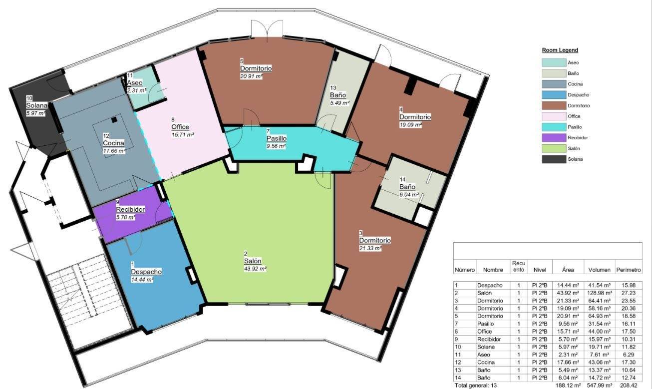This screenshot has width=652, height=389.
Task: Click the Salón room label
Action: click(252, 261)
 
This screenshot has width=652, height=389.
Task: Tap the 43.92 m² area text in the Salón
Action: click(255, 269)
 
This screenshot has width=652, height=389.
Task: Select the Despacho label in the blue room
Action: click(146, 272)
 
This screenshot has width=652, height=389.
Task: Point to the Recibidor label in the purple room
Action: click(130, 210)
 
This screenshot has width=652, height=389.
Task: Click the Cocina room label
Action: click(113, 143)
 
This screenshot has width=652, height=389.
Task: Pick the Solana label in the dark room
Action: click(37, 106)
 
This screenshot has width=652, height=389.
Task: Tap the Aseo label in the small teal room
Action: click(135, 83)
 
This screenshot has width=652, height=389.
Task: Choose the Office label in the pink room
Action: click(180, 127)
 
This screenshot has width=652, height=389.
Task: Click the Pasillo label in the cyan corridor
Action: click(276, 138)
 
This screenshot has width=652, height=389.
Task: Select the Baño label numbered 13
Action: click(337, 95)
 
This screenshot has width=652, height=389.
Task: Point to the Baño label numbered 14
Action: click(407, 187)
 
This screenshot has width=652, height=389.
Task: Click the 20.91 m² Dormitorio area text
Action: click(251, 76)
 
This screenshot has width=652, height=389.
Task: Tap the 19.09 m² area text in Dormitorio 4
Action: click(411, 124)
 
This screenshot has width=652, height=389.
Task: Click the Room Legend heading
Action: click(560, 50)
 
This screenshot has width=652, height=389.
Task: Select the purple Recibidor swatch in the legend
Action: click(553, 138)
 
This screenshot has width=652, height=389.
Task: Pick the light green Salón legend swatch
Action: click(553, 148)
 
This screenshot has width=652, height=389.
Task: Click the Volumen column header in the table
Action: click(600, 270)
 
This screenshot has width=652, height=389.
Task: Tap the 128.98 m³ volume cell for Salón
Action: click(600, 293)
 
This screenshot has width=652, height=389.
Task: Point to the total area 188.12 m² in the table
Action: click(568, 386)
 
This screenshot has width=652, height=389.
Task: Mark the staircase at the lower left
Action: click(90, 300)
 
